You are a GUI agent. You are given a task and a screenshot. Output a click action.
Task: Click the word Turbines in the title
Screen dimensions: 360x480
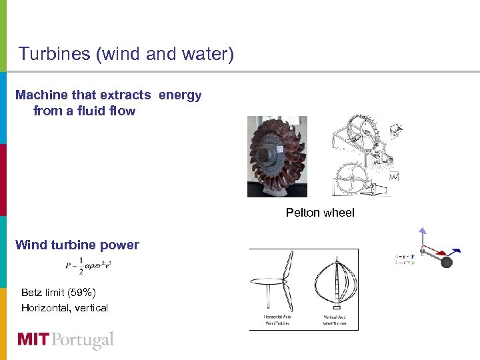click(x=55, y=53)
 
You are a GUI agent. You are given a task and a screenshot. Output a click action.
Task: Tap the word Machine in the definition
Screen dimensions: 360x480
click(x=37, y=95)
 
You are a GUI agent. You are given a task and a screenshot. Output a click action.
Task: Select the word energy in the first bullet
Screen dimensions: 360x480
click(x=179, y=95)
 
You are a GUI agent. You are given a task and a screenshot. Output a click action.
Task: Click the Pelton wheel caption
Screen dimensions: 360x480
click(x=320, y=213)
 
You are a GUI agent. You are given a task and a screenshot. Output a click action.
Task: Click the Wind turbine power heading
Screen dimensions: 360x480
click(x=77, y=245)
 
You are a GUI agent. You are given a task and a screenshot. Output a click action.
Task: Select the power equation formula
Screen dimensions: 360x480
click(x=88, y=266)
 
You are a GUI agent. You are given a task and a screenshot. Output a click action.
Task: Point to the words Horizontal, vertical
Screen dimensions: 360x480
click(x=65, y=307)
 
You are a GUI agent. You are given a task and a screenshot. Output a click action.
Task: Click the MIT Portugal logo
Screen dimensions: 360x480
click(x=65, y=340)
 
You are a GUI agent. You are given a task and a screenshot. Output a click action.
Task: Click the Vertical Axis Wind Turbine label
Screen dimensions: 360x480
click(x=336, y=319)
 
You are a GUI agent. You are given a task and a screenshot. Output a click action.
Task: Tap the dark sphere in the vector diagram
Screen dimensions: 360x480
click(x=446, y=262)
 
